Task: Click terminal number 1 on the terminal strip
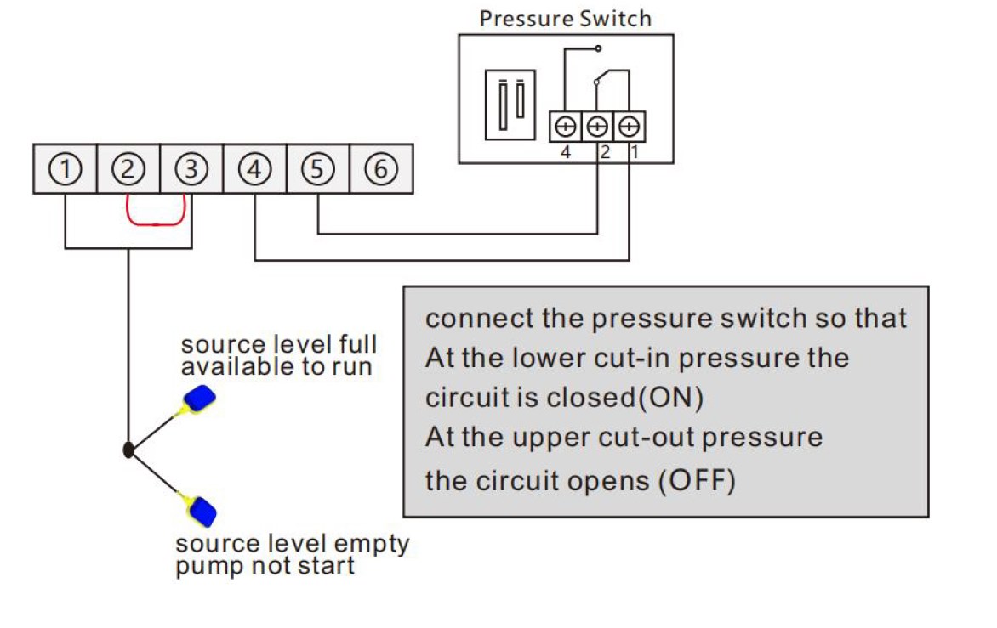(x=65, y=170)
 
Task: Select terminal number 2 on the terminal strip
(x=128, y=170)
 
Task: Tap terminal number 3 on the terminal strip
(x=191, y=170)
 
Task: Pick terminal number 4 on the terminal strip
(x=254, y=170)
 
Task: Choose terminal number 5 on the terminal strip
(x=317, y=170)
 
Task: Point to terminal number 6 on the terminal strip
(x=381, y=170)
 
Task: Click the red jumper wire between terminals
(x=157, y=223)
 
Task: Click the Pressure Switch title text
(x=565, y=19)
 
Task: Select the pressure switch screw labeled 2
(x=597, y=127)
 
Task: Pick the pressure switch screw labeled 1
(x=629, y=127)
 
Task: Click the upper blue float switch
(x=201, y=398)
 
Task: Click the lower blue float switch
(x=202, y=512)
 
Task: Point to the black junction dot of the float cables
(x=128, y=450)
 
